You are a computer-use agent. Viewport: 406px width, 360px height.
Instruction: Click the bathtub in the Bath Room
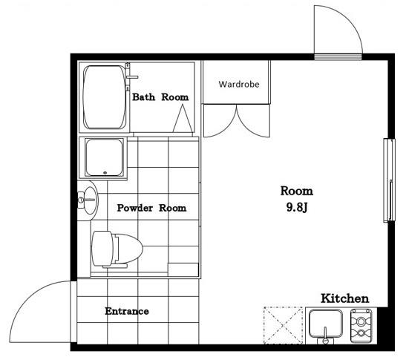coord(105,97)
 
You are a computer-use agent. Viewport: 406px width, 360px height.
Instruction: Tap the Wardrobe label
coord(239,84)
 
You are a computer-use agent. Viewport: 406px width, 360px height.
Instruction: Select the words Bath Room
coord(160,97)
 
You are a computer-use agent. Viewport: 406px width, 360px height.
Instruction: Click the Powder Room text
coord(151,208)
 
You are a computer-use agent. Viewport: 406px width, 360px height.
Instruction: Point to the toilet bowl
coord(128,249)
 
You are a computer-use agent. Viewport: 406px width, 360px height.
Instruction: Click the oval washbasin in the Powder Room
coord(89,200)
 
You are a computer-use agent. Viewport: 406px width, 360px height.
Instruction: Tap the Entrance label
coord(127,311)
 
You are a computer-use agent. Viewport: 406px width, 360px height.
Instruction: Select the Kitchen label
coord(345,298)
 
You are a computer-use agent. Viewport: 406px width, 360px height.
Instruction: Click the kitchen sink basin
coord(326,324)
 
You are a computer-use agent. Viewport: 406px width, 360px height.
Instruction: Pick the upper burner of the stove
coord(361,321)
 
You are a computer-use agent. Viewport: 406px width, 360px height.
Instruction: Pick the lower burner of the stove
coord(361,333)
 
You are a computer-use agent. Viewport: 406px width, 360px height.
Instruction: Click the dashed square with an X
coord(284,326)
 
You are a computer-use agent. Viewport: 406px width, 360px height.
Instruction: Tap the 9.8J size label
coord(297,207)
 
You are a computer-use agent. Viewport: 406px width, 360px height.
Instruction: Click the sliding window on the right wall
coord(389,180)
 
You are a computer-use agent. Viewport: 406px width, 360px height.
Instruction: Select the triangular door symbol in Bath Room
coord(183,119)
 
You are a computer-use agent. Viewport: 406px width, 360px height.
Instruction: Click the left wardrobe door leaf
coord(220,121)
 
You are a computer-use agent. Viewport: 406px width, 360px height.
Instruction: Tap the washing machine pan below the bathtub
coord(104,157)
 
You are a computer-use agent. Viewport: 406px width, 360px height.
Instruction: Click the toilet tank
coord(102,249)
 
